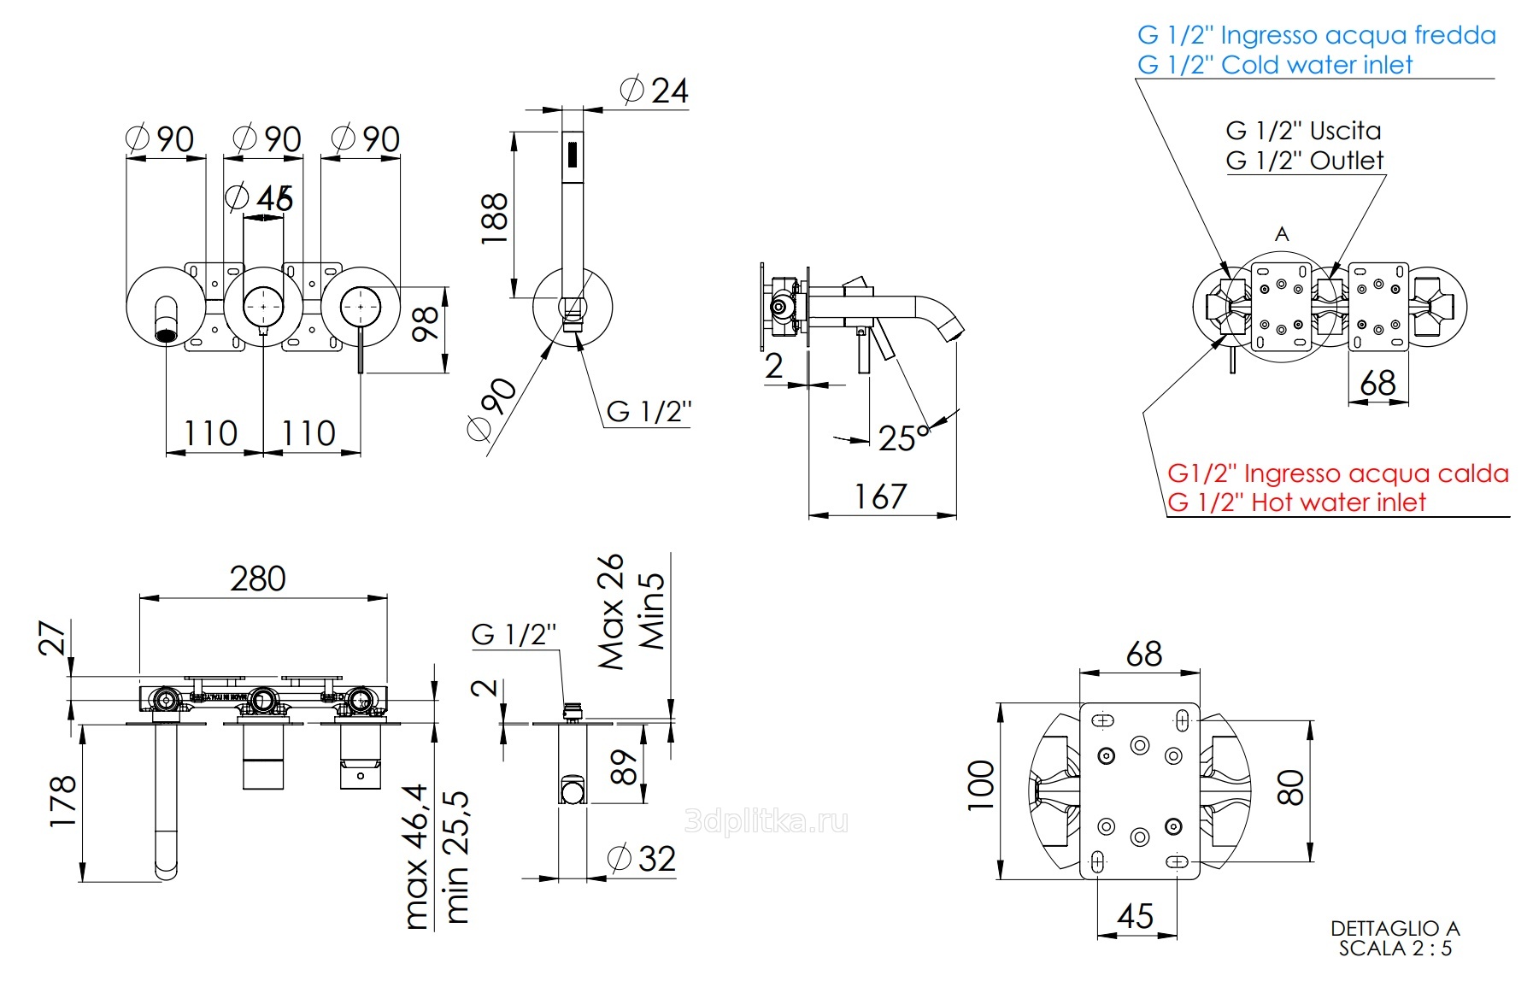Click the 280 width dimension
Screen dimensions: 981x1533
click(x=257, y=579)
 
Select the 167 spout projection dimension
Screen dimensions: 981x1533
click(x=880, y=496)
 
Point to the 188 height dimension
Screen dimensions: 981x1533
click(x=495, y=218)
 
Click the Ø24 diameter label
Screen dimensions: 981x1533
click(x=655, y=91)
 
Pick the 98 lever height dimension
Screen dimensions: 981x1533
click(x=426, y=324)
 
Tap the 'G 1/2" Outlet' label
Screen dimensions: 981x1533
click(x=1304, y=161)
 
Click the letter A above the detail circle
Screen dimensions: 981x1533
click(x=1282, y=234)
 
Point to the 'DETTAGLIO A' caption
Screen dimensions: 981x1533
click(x=1395, y=929)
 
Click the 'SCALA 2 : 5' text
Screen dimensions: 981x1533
click(x=1395, y=949)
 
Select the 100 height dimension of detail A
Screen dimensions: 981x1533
click(x=981, y=785)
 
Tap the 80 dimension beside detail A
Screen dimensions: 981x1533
click(x=1290, y=787)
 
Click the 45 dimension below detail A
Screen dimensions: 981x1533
click(x=1135, y=917)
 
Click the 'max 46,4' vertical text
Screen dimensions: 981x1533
click(x=415, y=856)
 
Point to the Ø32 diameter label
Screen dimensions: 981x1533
click(x=643, y=859)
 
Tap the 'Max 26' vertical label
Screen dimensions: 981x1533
click(x=611, y=611)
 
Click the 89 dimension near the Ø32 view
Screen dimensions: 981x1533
click(x=625, y=767)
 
